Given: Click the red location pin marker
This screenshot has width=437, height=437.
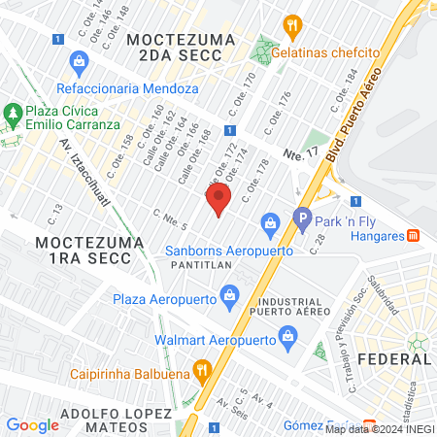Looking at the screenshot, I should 218,202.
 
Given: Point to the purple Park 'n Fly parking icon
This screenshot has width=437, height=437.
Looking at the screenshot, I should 302,220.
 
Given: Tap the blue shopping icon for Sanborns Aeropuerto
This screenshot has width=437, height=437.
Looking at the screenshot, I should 269,225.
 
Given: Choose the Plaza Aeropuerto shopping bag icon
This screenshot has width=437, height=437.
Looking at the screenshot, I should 230,294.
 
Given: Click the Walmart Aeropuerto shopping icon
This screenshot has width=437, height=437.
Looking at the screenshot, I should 287,336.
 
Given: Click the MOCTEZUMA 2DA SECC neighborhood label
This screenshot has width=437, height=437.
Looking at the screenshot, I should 175,48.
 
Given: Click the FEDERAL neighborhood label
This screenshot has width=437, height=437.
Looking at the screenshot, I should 393,359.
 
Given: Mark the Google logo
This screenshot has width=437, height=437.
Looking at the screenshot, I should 32,424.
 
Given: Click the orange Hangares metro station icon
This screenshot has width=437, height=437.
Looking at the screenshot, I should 413,234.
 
